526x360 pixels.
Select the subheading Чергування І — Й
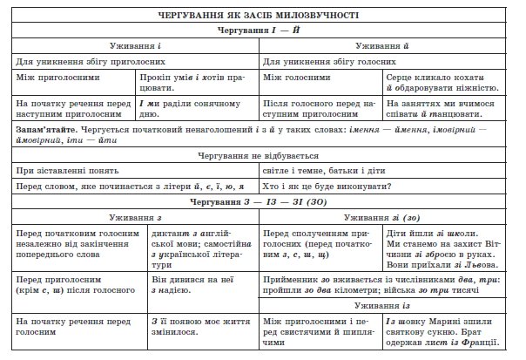tap(262, 31)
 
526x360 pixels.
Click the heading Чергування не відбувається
tap(262, 154)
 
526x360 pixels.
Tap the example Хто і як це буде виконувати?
tap(326, 186)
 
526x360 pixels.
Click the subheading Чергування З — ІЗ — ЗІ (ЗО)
tap(262, 201)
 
